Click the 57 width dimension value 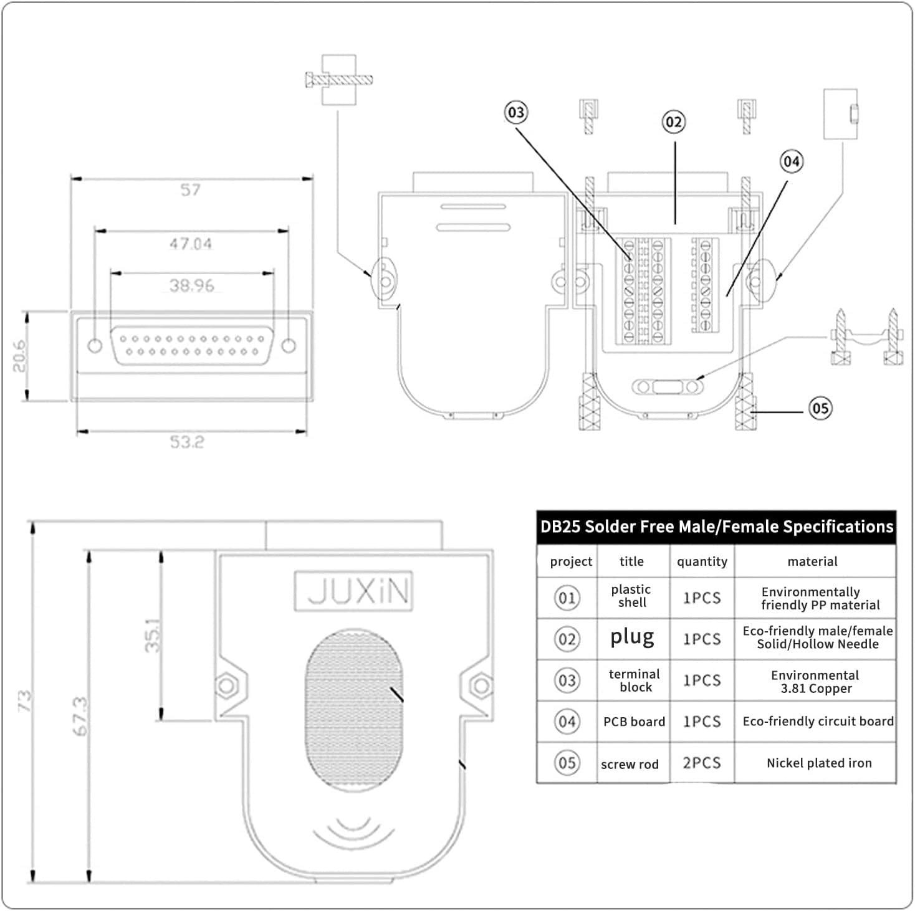point(190,190)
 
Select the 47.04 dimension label point(191,244)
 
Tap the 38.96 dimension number point(192,285)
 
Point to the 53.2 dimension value point(187,442)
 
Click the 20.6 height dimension point(19,356)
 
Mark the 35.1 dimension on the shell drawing point(153,636)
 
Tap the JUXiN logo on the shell point(354,591)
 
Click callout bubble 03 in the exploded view point(516,113)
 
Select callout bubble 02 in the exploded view point(674,122)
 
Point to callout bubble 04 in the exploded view point(792,161)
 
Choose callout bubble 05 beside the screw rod point(820,408)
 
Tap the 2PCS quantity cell point(702,763)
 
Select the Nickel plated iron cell point(819,763)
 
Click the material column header point(812,561)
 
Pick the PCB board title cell point(634,722)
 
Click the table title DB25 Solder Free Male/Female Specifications point(717,527)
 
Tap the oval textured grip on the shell point(354,710)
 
